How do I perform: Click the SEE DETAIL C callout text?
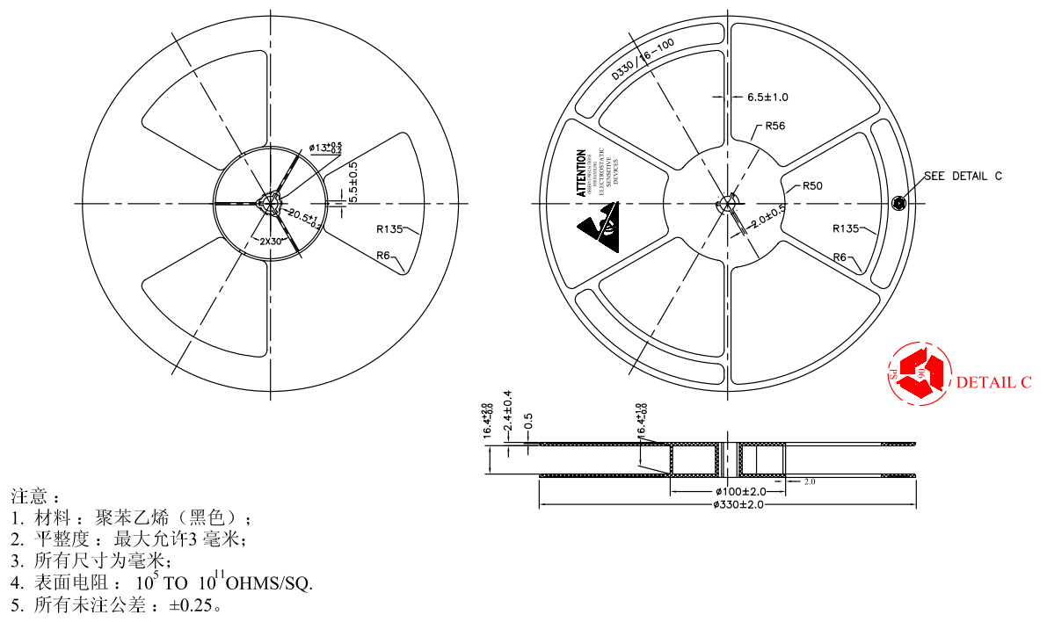pos(963,176)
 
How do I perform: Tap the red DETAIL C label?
pos(993,382)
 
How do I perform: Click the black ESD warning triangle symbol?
pos(598,227)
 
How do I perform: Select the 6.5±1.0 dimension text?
pos(767,97)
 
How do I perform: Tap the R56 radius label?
pos(774,126)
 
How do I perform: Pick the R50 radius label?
pos(811,186)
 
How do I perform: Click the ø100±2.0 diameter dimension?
pos(740,491)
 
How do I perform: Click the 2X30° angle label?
pos(271,241)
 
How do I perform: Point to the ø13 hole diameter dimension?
pos(324,148)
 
